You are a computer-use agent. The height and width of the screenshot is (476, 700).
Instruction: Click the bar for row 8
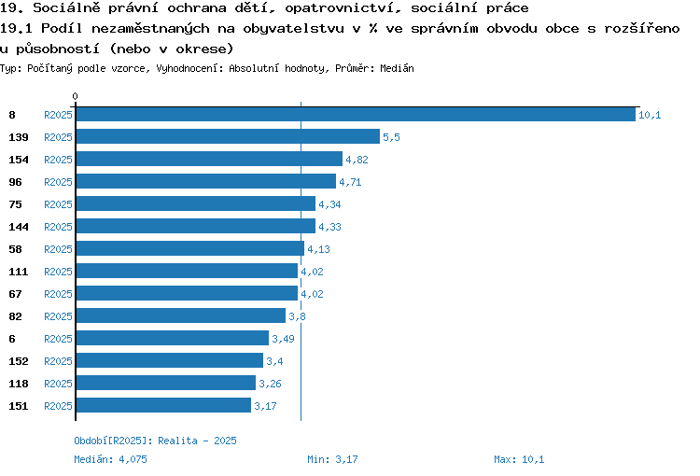[356, 114]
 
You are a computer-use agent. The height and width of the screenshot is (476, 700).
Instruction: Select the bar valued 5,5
[228, 136]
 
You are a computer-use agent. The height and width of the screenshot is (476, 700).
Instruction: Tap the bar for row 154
[209, 159]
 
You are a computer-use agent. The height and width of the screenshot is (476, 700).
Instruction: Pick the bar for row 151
[163, 405]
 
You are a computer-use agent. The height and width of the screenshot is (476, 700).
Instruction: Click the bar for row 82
[181, 315]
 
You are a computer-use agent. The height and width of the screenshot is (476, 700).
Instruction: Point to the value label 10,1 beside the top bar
[650, 115]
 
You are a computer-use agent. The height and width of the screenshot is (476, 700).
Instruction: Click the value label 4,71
[350, 182]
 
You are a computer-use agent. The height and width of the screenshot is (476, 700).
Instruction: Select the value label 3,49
[283, 339]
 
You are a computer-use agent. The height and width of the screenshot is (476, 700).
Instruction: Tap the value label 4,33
[329, 227]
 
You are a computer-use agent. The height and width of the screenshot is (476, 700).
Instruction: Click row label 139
[19, 137]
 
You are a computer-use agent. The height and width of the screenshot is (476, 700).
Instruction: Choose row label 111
[19, 272]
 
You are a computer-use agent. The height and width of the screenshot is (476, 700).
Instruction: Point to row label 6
[12, 339]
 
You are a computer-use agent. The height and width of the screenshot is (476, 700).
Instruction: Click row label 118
[19, 384]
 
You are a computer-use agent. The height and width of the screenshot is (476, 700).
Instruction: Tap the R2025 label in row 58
[58, 249]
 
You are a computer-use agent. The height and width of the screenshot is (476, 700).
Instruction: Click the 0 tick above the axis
[75, 96]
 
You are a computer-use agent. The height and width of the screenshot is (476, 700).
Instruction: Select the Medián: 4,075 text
[110, 459]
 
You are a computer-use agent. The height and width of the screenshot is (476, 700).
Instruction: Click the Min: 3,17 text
[332, 459]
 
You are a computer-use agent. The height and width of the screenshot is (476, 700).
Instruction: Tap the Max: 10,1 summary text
[519, 459]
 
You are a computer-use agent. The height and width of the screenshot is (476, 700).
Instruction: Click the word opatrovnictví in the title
[343, 8]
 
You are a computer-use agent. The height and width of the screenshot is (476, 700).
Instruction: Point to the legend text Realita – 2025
[197, 441]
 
